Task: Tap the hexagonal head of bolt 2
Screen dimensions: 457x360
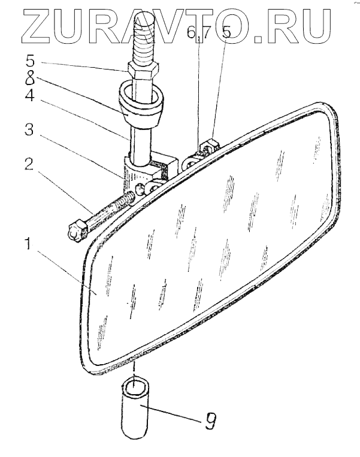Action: pyautogui.click(x=77, y=229)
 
